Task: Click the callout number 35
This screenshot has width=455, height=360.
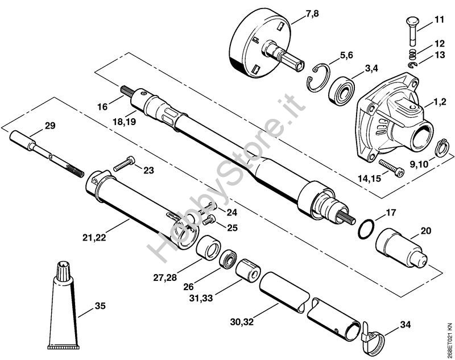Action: click(100, 306)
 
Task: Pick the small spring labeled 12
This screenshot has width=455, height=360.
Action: click(412, 54)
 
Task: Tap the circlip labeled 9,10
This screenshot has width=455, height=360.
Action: click(442, 148)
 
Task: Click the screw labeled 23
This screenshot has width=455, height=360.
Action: click(124, 164)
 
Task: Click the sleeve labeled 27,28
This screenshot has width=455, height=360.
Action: click(208, 248)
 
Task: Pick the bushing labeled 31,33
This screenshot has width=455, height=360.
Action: click(248, 271)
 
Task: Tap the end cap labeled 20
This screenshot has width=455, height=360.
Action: click(402, 249)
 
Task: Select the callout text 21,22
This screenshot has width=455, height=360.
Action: click(94, 238)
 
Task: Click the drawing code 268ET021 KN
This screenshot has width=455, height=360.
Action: click(449, 341)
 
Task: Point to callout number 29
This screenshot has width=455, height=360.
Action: click(50, 126)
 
